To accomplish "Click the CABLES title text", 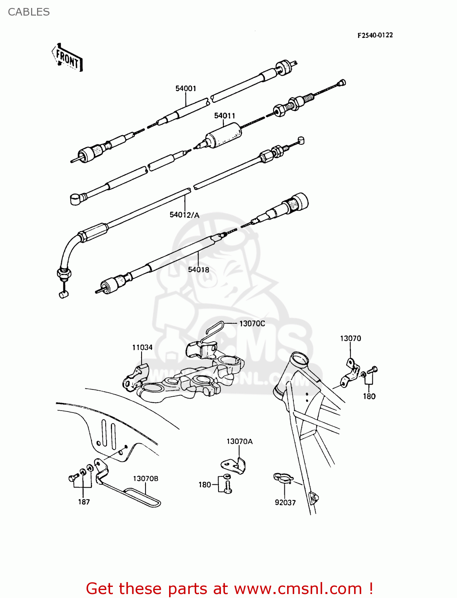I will (29, 12).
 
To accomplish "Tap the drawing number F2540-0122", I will (375, 35).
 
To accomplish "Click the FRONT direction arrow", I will (67, 58).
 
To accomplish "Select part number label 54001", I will (186, 88).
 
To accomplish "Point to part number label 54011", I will (225, 116).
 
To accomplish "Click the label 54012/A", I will (184, 215).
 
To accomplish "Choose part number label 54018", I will (199, 269).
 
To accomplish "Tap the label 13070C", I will (252, 323).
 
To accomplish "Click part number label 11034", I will (142, 347).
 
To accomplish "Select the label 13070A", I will (239, 441).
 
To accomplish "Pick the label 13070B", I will (146, 478).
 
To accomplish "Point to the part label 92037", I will (285, 502).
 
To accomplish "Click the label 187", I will (84, 502).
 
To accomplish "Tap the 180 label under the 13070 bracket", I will (369, 396).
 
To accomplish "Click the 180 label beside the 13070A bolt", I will (205, 485).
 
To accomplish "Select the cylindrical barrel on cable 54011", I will (223, 136).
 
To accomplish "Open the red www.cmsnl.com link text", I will (297, 588).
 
